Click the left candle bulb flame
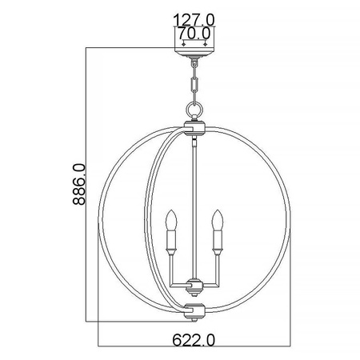(x=170, y=218)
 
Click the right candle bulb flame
(x=216, y=218)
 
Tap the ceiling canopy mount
(x=194, y=54)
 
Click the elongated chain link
(x=194, y=80)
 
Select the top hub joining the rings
(x=194, y=126)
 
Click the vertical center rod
(x=194, y=200)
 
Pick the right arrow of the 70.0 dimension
(x=205, y=44)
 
